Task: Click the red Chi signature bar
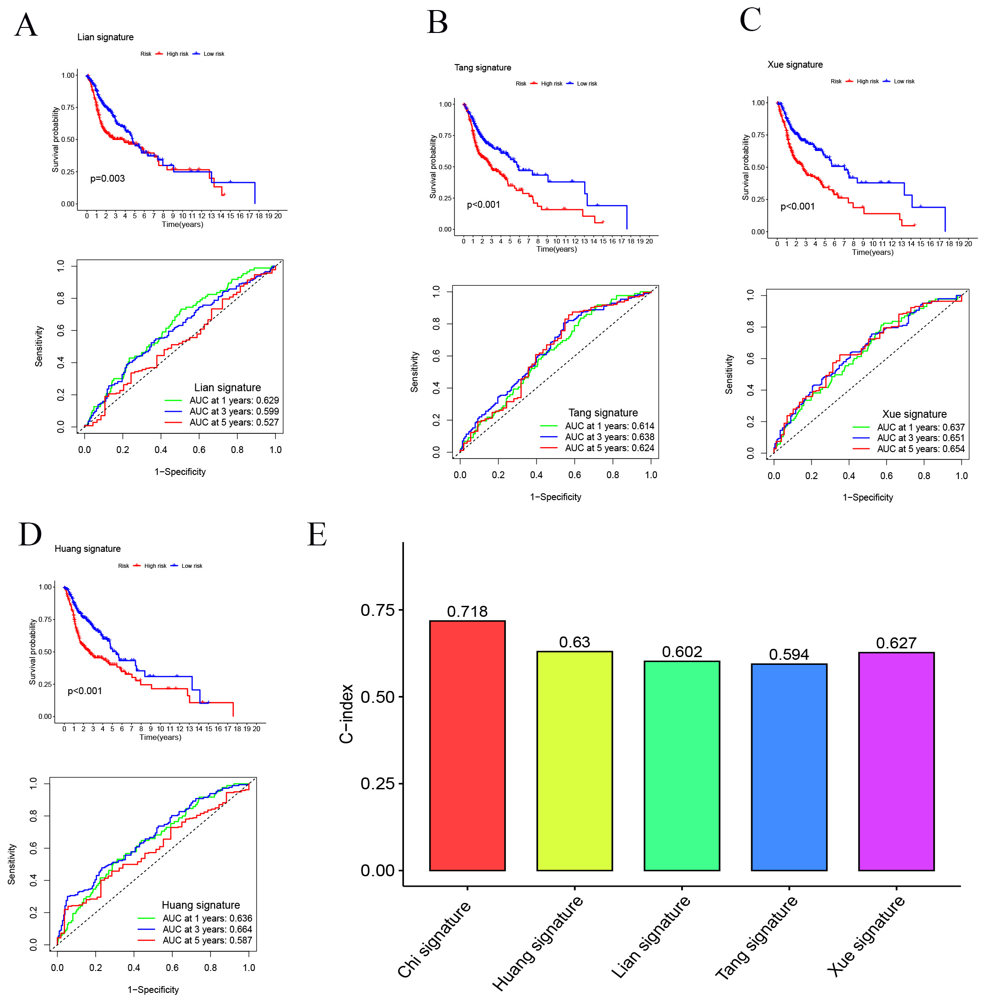(467, 744)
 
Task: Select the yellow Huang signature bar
(575, 760)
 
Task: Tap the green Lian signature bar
(681, 765)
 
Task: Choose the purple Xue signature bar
(896, 760)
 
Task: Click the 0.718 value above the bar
(467, 611)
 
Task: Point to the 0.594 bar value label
(789, 654)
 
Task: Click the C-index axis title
(346, 713)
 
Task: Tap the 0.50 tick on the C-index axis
(377, 697)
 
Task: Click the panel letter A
(26, 25)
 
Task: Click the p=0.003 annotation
(107, 178)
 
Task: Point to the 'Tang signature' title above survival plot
(483, 67)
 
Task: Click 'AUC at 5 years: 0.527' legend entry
(233, 422)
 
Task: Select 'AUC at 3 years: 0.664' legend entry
(207, 929)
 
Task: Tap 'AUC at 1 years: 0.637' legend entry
(920, 427)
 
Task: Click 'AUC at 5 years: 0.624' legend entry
(609, 448)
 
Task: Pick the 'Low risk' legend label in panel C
(904, 81)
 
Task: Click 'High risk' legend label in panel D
(155, 566)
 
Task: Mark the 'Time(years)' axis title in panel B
(556, 249)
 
